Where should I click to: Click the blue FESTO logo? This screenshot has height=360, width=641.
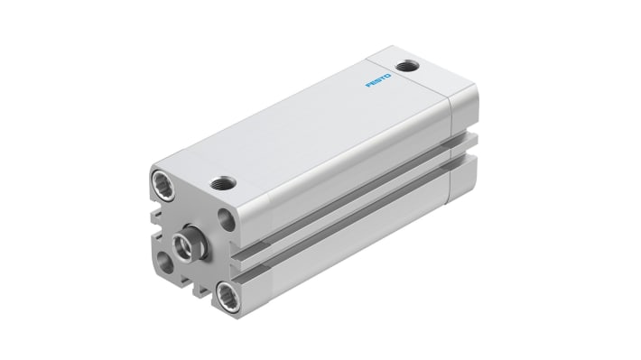pos(378,80)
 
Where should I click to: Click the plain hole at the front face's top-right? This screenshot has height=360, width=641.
pos(227,220)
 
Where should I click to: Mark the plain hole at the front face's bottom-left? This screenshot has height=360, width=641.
pos(165,263)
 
